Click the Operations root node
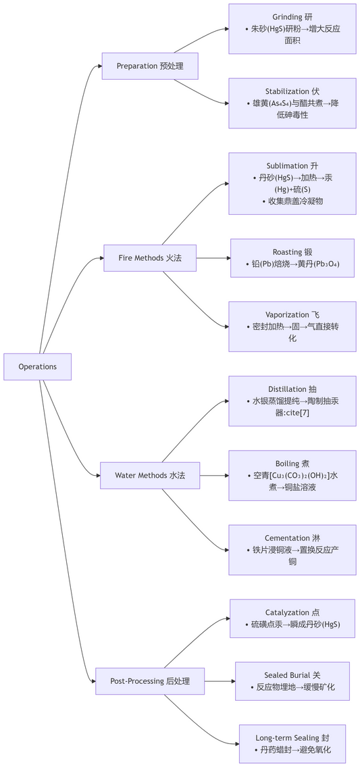click(37, 366)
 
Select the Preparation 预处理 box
click(149, 66)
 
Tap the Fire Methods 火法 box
click(149, 258)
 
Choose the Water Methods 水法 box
click(149, 475)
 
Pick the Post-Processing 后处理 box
click(149, 681)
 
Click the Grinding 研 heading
click(292, 17)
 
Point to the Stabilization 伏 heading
click(292, 91)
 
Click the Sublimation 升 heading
click(292, 166)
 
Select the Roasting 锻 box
click(292, 258)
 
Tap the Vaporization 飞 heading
click(292, 315)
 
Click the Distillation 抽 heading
click(292, 389)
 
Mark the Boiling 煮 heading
click(292, 464)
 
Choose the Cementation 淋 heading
click(292, 538)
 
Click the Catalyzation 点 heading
click(292, 612)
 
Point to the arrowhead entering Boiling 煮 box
click(225, 475)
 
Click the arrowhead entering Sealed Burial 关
click(232, 681)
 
